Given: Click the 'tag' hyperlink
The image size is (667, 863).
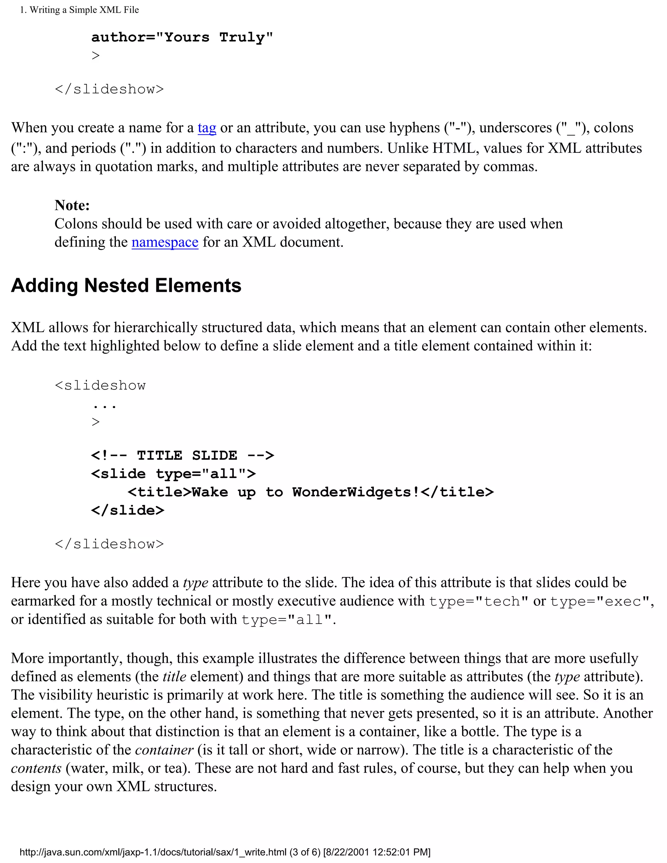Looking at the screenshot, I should (x=207, y=128).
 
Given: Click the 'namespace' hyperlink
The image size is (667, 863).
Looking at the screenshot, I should (x=165, y=242).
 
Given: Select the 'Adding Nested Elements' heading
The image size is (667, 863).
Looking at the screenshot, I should (x=126, y=285).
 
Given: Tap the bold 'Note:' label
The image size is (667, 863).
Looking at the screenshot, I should (x=72, y=205).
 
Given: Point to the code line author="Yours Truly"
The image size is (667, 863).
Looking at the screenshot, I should (x=182, y=37).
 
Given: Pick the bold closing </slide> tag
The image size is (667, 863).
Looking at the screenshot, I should (x=128, y=510).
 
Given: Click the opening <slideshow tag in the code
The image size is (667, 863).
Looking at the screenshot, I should (x=100, y=385).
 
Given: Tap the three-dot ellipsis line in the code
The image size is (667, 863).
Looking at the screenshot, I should (x=104, y=406).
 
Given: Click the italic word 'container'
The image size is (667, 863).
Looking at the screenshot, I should (x=164, y=750).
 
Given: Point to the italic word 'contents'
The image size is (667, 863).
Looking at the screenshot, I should (x=36, y=768).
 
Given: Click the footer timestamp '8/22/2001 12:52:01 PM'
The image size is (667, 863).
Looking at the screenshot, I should (x=376, y=852).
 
